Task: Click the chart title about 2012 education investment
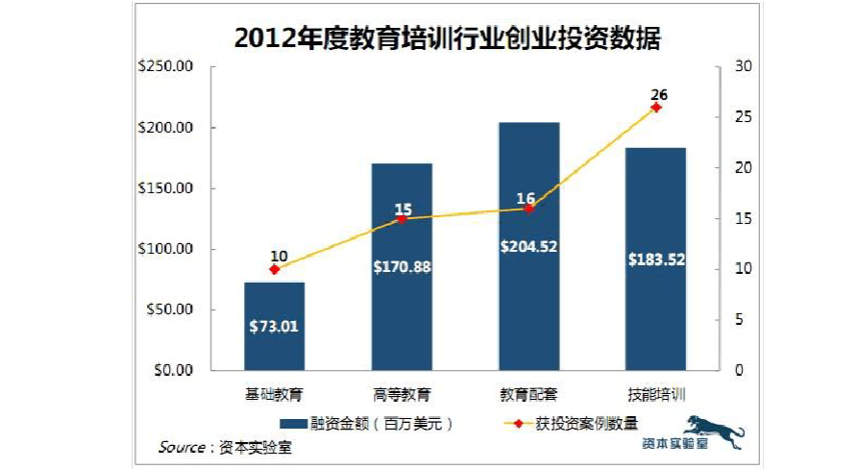(x=448, y=38)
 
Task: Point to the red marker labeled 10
(x=275, y=269)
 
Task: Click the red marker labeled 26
(x=656, y=108)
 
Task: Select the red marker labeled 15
(x=402, y=219)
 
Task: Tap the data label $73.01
(x=274, y=326)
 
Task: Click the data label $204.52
(x=528, y=246)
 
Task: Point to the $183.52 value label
(x=656, y=259)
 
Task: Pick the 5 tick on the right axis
(x=737, y=320)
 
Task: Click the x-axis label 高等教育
(x=402, y=394)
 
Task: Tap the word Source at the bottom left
(x=181, y=447)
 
